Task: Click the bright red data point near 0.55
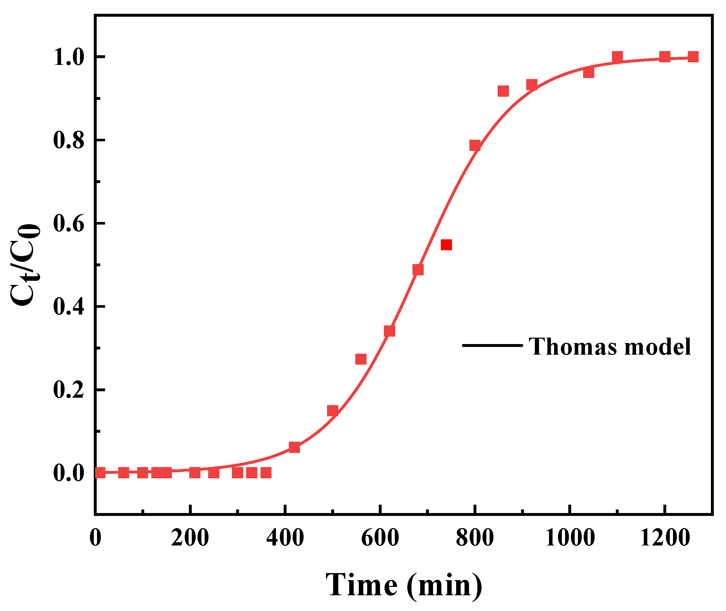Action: click(446, 245)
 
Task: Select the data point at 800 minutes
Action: click(475, 146)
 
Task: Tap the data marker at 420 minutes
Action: click(294, 447)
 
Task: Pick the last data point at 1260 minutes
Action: click(693, 57)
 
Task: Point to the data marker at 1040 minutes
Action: click(589, 73)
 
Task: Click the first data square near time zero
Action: click(100, 473)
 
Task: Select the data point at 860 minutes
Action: click(503, 91)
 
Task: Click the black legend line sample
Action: click(492, 345)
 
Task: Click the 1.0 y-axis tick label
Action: click(68, 58)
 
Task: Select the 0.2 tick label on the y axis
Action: click(68, 390)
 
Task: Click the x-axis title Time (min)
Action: click(404, 585)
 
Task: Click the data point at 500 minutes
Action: click(332, 411)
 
